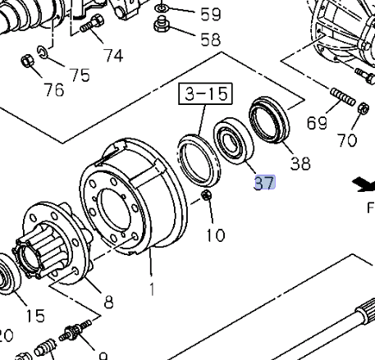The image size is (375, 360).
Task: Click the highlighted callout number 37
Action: (265, 183)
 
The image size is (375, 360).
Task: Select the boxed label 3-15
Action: (205, 93)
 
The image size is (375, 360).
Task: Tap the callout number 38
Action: (300, 163)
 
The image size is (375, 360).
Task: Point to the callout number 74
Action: (113, 55)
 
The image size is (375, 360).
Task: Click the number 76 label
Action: (54, 89)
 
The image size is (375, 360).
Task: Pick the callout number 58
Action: (210, 39)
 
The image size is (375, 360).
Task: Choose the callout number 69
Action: (317, 122)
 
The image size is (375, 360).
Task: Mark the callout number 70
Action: (347, 140)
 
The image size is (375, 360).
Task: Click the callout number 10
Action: (216, 235)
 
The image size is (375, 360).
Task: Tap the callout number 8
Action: (108, 302)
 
